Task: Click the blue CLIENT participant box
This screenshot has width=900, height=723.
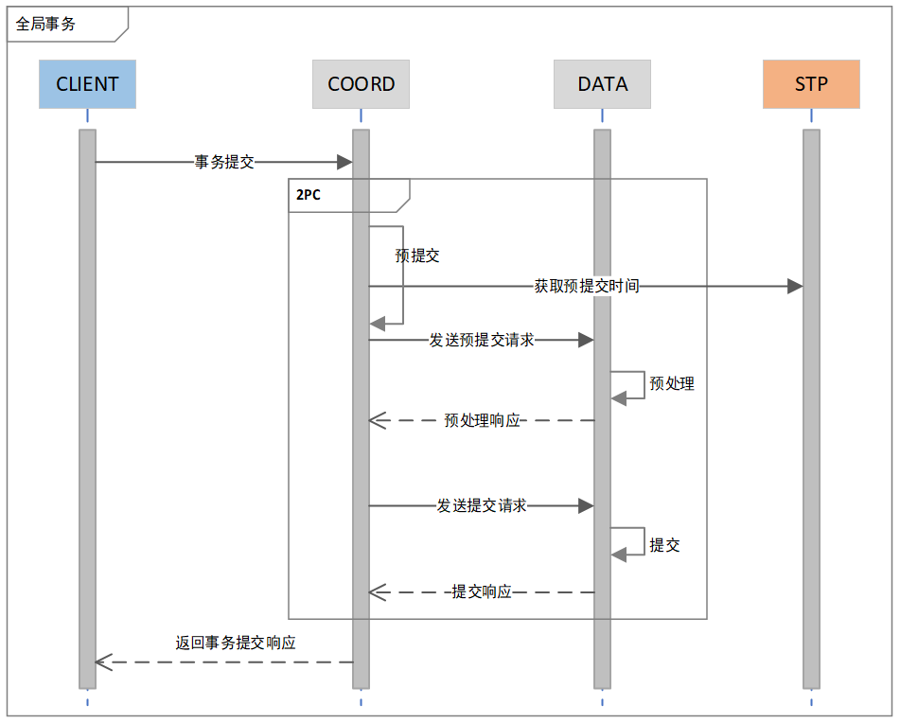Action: [87, 84]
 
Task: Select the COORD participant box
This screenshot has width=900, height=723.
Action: [361, 84]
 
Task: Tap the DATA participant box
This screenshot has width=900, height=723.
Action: [602, 84]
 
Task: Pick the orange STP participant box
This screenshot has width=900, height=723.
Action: [811, 84]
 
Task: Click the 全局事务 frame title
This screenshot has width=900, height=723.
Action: [45, 25]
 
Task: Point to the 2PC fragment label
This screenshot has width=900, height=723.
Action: [308, 195]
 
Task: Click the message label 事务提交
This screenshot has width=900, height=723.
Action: [224, 162]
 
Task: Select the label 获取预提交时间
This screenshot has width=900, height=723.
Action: [587, 286]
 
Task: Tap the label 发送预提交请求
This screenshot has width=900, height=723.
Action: [482, 340]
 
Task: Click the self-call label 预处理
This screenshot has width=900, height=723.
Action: [672, 383]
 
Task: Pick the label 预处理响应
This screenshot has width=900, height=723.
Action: [483, 420]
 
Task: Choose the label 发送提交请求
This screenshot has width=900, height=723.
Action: [482, 506]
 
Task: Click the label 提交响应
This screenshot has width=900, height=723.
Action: [482, 591]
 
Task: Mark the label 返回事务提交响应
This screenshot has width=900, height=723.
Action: [236, 643]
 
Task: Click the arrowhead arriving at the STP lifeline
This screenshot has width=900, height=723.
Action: [795, 286]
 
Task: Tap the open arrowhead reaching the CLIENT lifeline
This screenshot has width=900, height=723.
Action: [103, 662]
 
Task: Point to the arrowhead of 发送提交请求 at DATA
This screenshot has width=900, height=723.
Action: [586, 506]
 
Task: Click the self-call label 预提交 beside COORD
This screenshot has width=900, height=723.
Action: [417, 256]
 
